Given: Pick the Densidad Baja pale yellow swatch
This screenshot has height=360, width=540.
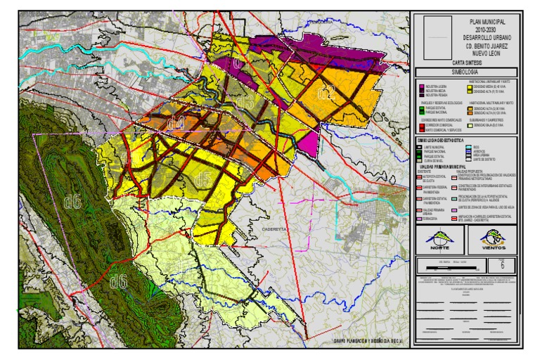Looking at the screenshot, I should tap(470, 124).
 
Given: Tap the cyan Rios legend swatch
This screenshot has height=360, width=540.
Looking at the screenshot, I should tap(470, 146).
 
